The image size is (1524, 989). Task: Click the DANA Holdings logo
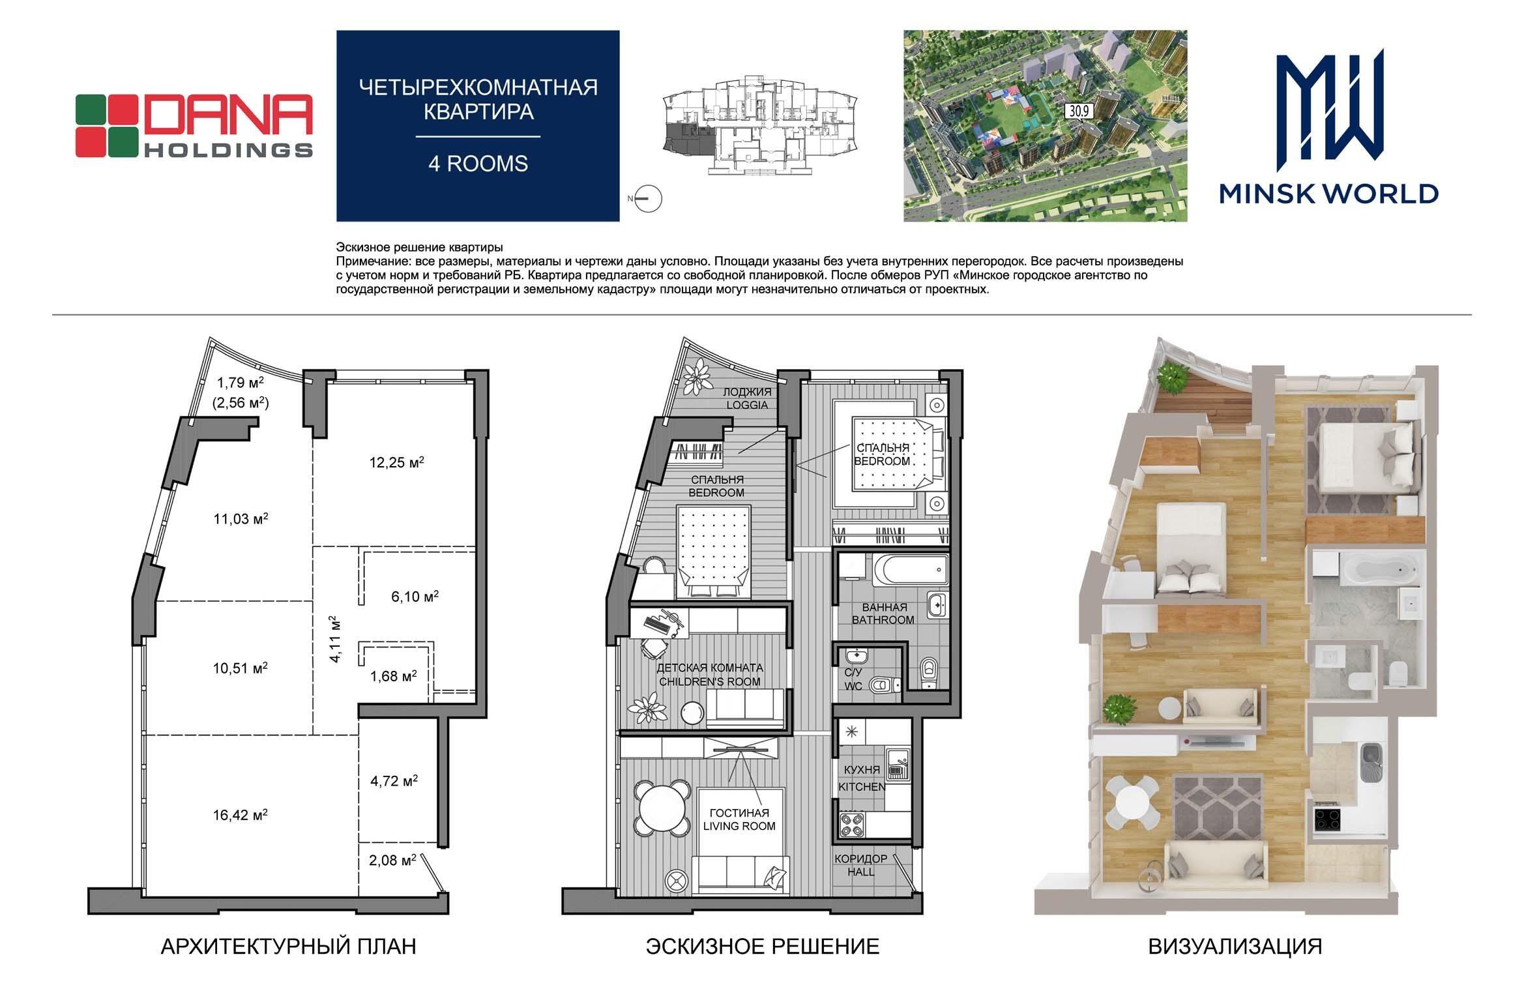click(194, 126)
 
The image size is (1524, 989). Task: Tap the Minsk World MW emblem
click(1329, 106)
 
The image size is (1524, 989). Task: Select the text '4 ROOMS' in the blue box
click(478, 164)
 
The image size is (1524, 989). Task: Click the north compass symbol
click(649, 198)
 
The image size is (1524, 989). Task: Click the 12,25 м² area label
click(397, 463)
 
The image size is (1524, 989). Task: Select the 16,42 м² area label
click(241, 814)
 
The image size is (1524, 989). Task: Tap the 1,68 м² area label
click(394, 676)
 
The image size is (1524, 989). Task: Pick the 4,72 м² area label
click(394, 780)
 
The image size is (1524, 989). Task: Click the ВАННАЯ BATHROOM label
click(883, 613)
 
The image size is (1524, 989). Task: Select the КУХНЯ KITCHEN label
click(861, 778)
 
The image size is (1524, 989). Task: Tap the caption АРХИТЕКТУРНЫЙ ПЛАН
click(288, 946)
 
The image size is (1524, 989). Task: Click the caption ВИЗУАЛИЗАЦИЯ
click(1235, 946)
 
